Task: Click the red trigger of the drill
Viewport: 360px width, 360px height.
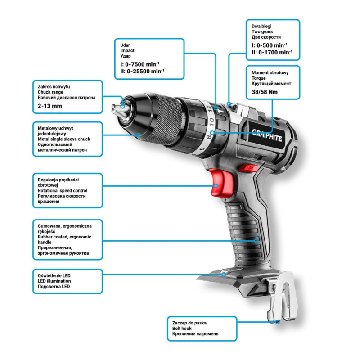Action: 221,183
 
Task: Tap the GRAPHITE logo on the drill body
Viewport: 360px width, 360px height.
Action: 267,135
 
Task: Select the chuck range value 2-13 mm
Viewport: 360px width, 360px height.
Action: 50,106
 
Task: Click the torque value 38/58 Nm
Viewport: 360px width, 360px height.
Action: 265,92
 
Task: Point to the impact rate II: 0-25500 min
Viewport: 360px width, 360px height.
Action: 142,72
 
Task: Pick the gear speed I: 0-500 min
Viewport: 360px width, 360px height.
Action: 269,45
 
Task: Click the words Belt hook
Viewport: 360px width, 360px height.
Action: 182,328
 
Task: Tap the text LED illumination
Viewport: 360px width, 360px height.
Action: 54,281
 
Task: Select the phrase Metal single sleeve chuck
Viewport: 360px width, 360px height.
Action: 64,139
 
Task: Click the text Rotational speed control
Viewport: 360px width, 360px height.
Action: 63,190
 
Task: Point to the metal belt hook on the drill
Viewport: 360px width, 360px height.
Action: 282,296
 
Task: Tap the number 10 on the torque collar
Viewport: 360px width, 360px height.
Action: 211,121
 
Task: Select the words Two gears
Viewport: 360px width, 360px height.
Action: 262,31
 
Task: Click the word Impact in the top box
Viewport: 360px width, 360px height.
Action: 127,50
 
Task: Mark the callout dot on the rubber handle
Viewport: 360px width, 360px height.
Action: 256,241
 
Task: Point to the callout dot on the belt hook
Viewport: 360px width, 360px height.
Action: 278,322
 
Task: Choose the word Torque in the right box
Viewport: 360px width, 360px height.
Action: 258,78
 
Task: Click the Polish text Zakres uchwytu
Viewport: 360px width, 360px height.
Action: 54,87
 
